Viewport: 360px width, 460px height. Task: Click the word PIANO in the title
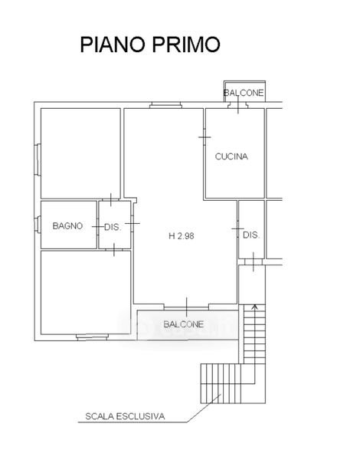[x=113, y=44]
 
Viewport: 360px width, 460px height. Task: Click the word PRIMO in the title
[x=186, y=44]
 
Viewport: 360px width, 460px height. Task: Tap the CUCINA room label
[x=231, y=156]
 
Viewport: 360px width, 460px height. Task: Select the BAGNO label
[x=67, y=225]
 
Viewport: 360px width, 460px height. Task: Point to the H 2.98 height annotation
[x=182, y=236]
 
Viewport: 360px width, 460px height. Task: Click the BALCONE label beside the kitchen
[x=244, y=93]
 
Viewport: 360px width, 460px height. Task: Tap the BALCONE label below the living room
[x=184, y=324]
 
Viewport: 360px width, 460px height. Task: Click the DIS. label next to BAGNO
[x=113, y=227]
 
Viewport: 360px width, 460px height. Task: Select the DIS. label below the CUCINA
[x=251, y=235]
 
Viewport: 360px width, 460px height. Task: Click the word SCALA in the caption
[x=100, y=416]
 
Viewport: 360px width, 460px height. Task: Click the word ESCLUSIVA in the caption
[x=141, y=416]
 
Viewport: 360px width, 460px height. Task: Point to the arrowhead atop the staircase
[x=255, y=307]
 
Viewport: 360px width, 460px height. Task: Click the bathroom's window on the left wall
[x=38, y=225]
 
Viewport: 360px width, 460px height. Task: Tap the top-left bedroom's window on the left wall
[x=38, y=160]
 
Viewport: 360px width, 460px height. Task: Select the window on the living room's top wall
[x=165, y=105]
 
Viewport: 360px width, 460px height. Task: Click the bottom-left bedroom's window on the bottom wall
[x=93, y=337]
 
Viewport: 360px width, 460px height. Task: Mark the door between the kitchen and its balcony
[x=238, y=105]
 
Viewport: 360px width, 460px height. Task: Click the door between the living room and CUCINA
[x=205, y=137]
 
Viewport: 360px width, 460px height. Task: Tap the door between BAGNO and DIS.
[x=97, y=226]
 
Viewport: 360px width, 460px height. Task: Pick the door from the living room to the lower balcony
[x=186, y=307]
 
